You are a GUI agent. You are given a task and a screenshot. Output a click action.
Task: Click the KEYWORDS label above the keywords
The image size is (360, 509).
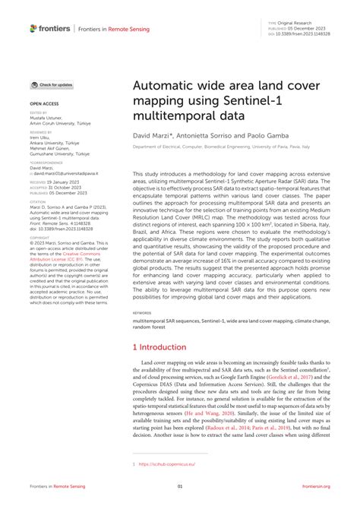pyautogui.click(x=142, y=312)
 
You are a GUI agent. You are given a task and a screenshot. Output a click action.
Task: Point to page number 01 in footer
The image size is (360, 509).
pyautogui.click(x=180, y=486)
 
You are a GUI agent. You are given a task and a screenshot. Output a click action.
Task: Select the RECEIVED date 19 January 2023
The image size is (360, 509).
pyautogui.click(x=60, y=183)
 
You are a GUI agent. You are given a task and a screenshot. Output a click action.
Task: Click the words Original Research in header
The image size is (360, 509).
pyautogui.click(x=298, y=24)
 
